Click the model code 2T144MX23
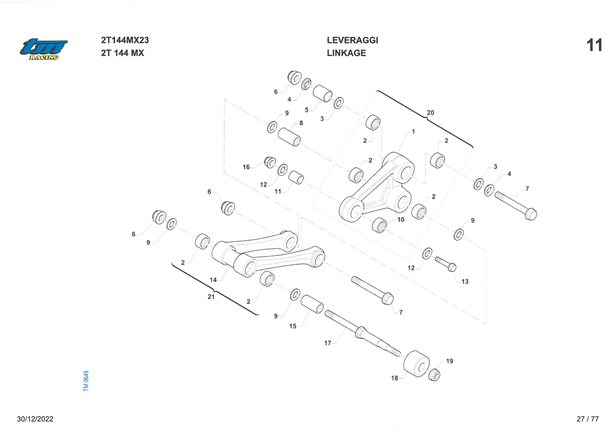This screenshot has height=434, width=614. tap(125, 40)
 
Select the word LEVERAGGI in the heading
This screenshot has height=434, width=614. tap(352, 40)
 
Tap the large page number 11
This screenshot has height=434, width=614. tap(594, 45)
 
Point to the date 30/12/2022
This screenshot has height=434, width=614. tap(35, 419)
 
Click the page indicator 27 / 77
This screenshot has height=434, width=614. tap(587, 419)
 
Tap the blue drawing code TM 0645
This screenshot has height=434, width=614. tap(86, 381)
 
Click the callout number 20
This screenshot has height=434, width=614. tap(430, 113)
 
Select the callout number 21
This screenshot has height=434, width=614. tap(211, 296)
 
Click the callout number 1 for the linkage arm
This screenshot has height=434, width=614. tap(413, 131)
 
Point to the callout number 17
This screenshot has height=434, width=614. tap(328, 343)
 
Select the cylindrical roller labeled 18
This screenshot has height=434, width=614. tap(416, 364)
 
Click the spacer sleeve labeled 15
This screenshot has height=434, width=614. tap(312, 304)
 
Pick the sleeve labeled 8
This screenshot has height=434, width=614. tap(289, 137)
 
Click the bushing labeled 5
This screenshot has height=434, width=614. tap(322, 93)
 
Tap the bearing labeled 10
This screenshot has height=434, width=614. tap(379, 225)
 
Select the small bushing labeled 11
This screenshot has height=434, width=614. tap(296, 177)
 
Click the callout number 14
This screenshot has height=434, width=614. tap(213, 280)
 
